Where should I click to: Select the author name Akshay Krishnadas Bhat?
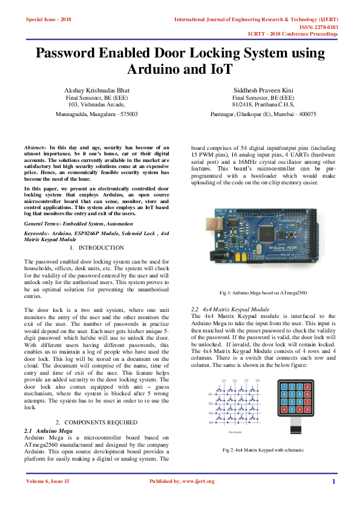tap(97, 89)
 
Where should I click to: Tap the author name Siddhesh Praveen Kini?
tap(263, 89)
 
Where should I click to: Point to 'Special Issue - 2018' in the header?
tap(48, 19)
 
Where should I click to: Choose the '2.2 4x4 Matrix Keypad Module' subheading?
tap(230, 309)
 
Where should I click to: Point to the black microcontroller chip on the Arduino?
tap(268, 232)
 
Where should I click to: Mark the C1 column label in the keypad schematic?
tap(224, 380)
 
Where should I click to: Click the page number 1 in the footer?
tap(333, 481)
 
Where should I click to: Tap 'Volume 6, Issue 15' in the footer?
tap(48, 481)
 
